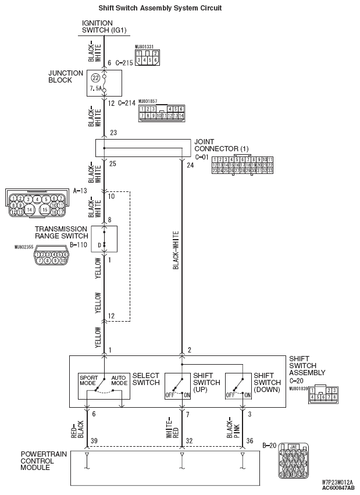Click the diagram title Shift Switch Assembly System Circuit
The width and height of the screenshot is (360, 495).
[152, 8]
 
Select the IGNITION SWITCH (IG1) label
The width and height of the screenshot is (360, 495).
[104, 26]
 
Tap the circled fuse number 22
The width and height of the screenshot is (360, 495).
[95, 77]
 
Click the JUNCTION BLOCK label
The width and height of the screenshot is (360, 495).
[61, 77]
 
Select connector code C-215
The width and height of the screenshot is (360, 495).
[124, 62]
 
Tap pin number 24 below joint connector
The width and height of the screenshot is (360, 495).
[190, 165]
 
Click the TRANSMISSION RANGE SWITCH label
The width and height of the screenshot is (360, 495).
[60, 233]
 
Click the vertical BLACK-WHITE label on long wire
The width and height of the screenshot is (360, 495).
[176, 251]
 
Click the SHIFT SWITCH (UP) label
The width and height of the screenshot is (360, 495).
[206, 382]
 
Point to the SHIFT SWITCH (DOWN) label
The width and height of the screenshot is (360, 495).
[267, 382]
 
